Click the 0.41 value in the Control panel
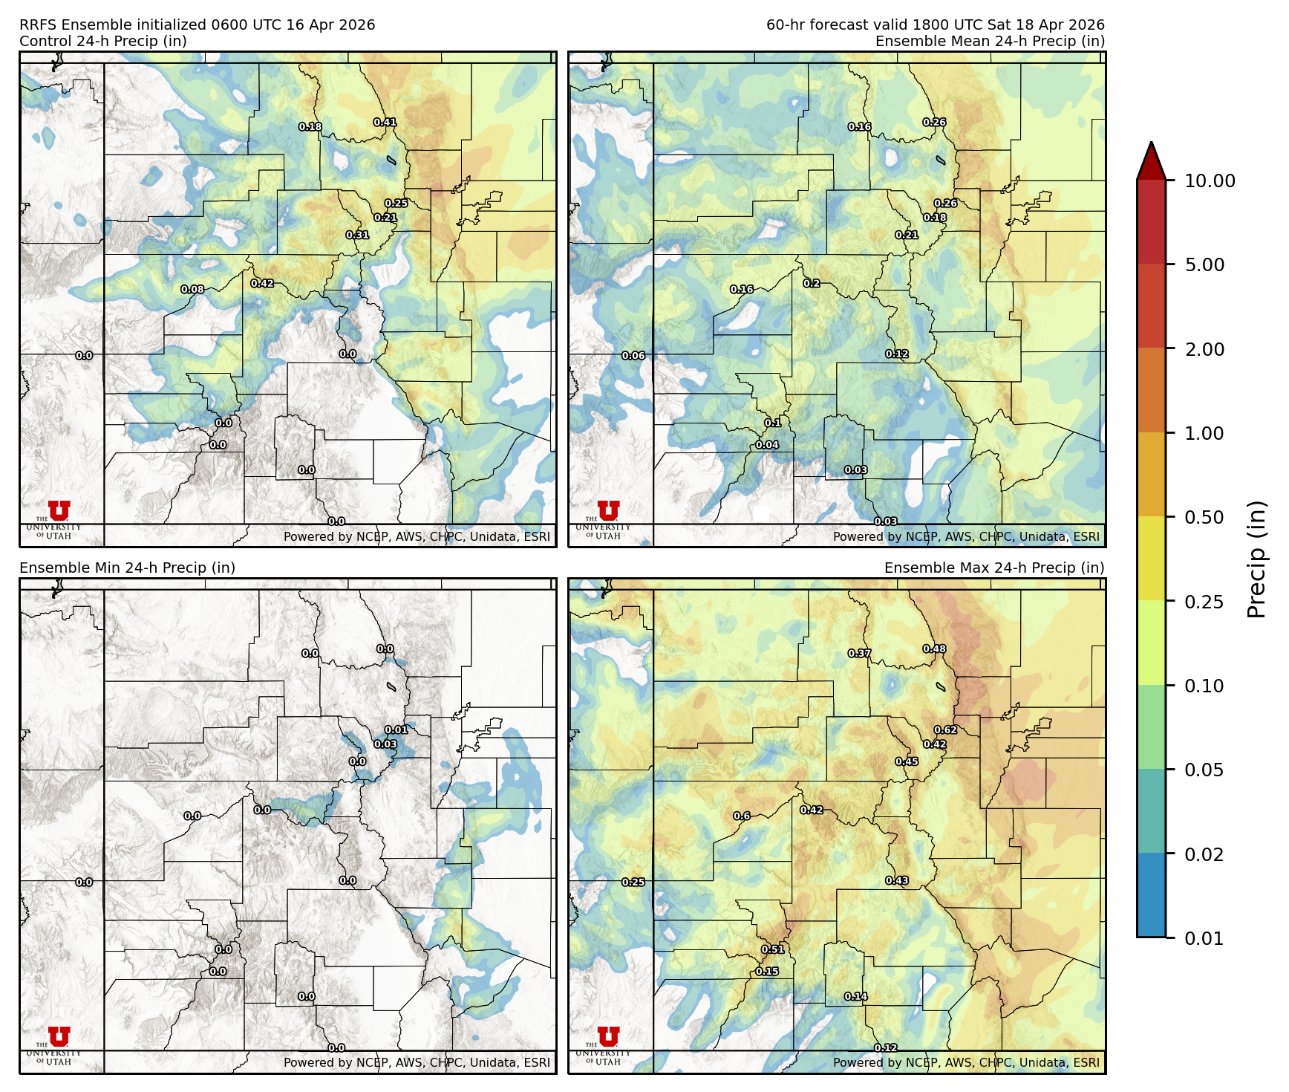(385, 123)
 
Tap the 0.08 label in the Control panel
(192, 290)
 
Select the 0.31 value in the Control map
(357, 235)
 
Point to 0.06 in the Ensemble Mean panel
(633, 356)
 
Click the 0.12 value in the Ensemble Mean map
(897, 354)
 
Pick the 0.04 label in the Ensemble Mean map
(767, 445)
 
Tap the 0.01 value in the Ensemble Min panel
(397, 730)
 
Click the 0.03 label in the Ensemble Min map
(385, 744)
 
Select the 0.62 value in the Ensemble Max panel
(945, 730)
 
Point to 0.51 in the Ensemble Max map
(773, 949)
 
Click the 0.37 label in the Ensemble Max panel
(860, 654)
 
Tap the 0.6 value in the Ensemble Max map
(742, 816)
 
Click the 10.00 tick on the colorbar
(1210, 181)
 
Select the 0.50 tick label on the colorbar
(1204, 517)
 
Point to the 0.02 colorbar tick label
(1204, 854)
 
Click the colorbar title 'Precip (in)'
(1256, 559)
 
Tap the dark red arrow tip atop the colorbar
(1151, 158)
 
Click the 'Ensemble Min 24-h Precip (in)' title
(127, 568)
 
